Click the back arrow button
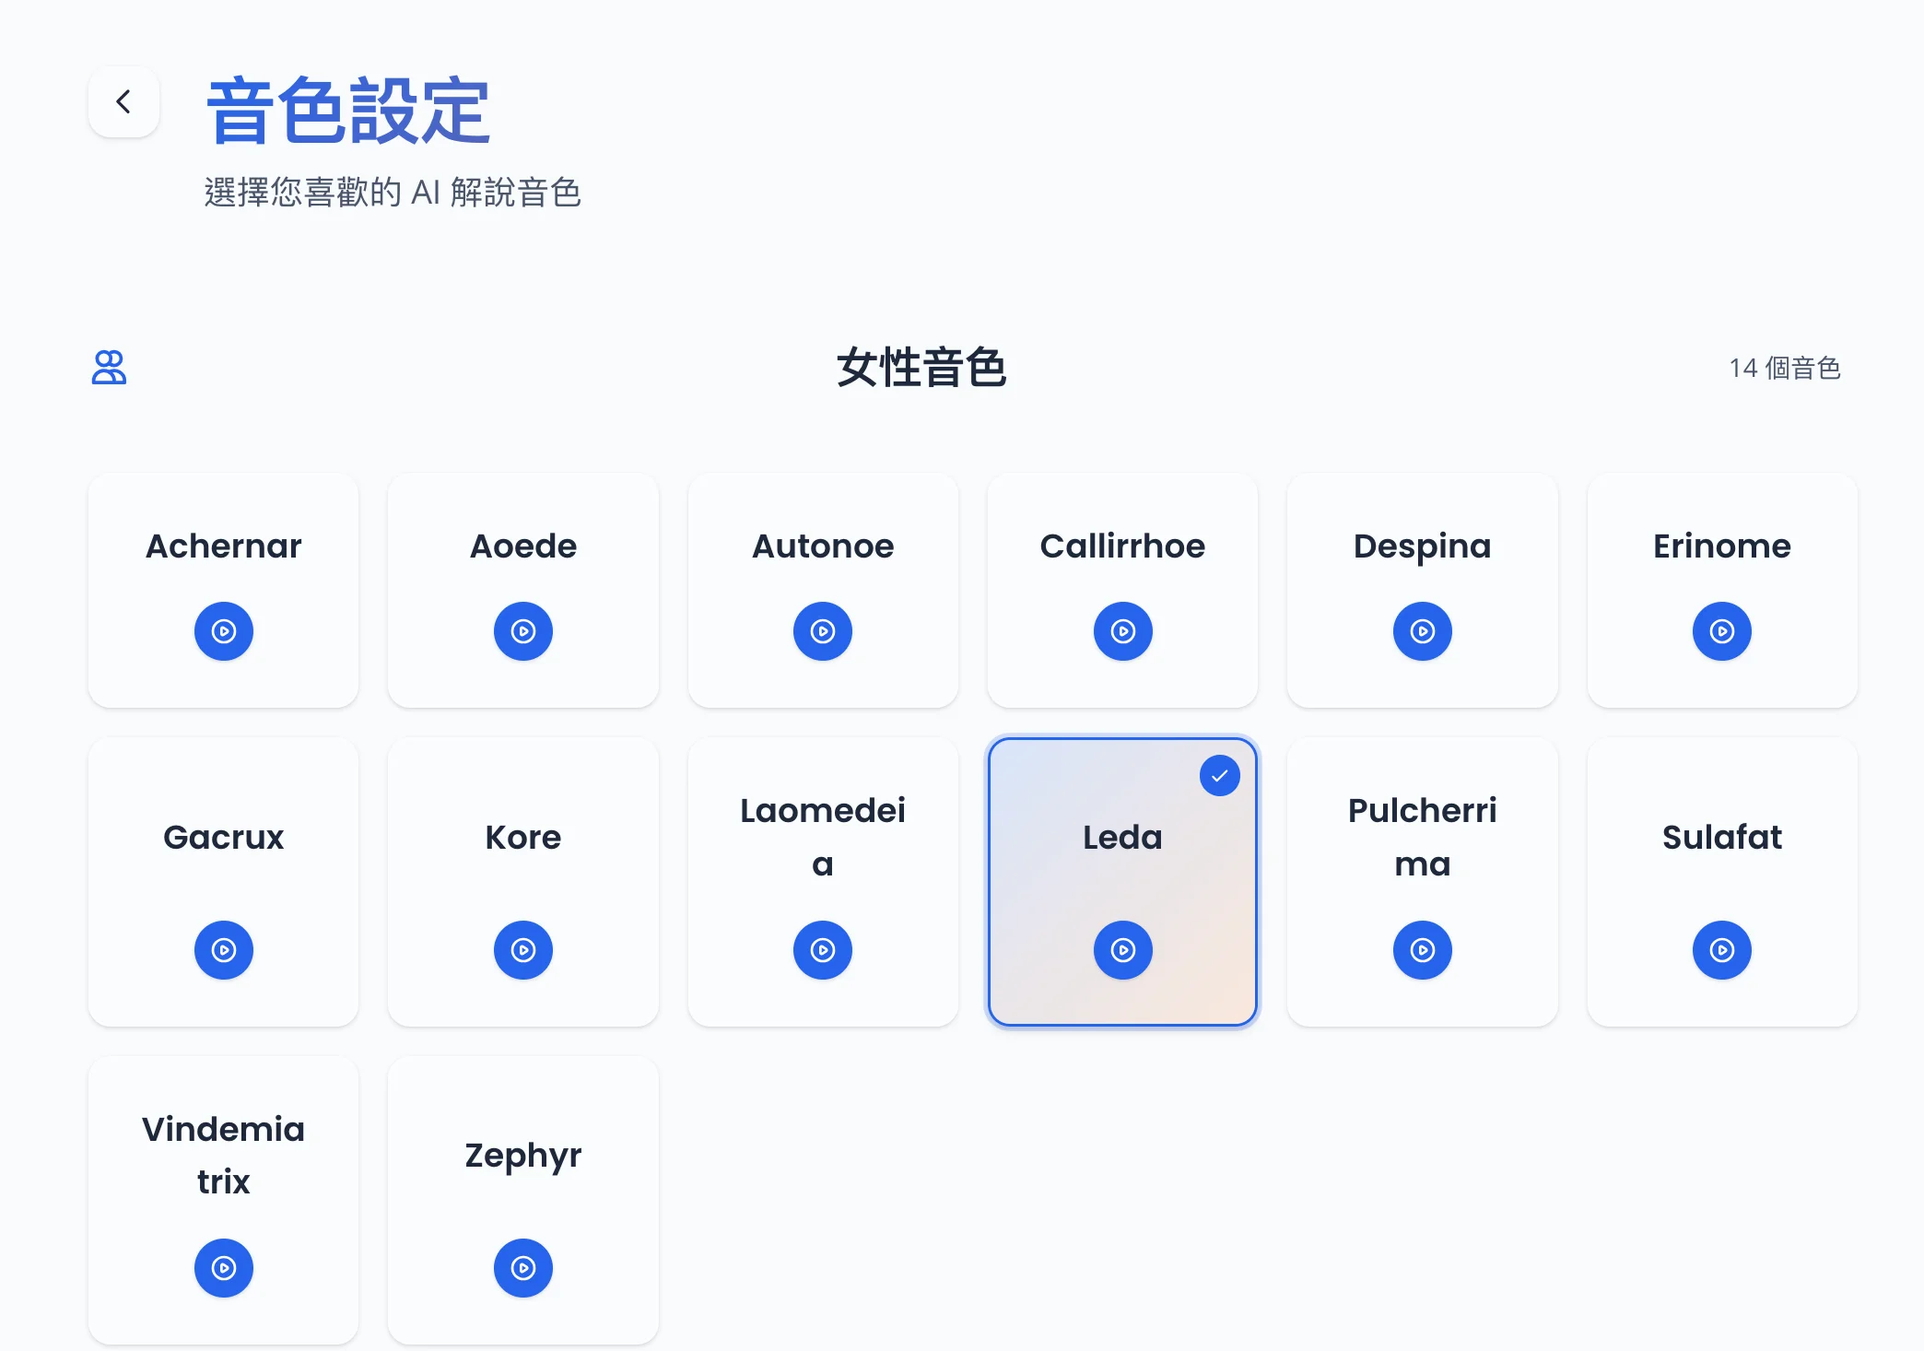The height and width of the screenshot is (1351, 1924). tap(123, 101)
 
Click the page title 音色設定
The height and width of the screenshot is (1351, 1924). tap(348, 111)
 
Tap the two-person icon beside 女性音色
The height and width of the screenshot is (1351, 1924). tap(109, 367)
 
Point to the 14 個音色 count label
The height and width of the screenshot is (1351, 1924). tap(1785, 368)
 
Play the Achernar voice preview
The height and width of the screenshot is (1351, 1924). tap(224, 631)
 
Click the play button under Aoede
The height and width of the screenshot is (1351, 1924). tap(523, 631)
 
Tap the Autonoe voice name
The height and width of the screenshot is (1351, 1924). tap(823, 546)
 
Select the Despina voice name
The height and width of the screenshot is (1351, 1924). tap(1422, 547)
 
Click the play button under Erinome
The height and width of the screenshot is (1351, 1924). tap(1722, 631)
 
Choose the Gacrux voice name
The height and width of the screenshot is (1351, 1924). tap(224, 837)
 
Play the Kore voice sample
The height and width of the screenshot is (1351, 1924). tap(523, 950)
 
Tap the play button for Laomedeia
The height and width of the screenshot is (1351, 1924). tap(823, 950)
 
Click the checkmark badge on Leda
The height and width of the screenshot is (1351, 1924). tap(1220, 776)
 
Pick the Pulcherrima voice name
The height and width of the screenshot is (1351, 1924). tap(1423, 837)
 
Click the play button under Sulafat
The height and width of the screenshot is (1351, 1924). tap(1722, 950)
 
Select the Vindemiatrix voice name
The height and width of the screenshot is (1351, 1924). tap(224, 1155)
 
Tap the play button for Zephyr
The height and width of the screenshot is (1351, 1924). tap(523, 1268)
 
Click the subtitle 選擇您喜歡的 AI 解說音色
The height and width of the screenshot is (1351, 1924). tap(393, 193)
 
